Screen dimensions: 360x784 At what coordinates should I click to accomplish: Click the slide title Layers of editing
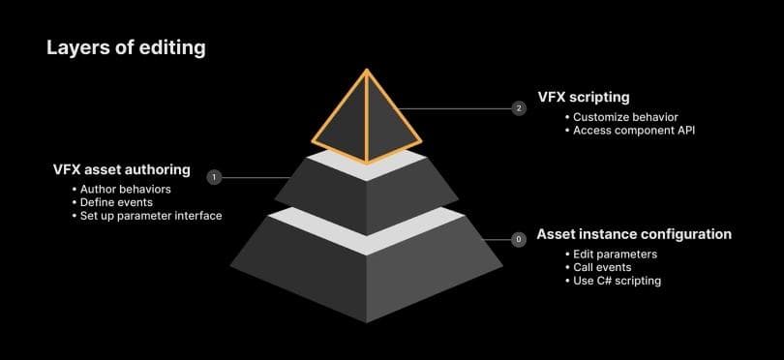[x=126, y=47]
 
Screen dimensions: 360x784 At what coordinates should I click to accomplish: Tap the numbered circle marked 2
[x=519, y=108]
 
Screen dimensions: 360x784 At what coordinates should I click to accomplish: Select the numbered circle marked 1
[x=214, y=177]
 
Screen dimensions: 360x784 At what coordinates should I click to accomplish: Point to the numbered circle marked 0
[x=519, y=238]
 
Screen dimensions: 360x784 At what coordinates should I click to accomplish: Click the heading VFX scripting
[x=584, y=97]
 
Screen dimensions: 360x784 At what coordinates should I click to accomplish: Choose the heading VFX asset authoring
[x=122, y=169]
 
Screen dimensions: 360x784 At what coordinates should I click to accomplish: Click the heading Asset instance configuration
[x=634, y=234]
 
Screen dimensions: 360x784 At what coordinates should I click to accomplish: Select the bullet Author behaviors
[x=125, y=188]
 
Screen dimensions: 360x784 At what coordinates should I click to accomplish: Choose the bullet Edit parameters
[x=615, y=254]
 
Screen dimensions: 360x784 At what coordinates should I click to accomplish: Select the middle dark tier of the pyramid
[x=366, y=194]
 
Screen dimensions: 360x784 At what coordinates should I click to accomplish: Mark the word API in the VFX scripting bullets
[x=685, y=131]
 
